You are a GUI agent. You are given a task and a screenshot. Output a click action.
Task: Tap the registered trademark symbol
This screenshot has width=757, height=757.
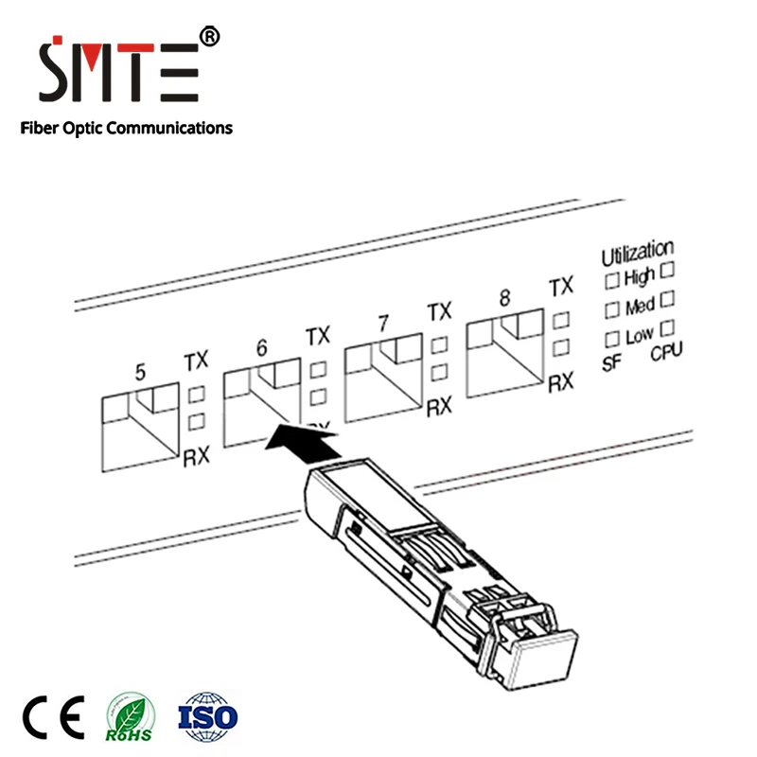(x=209, y=37)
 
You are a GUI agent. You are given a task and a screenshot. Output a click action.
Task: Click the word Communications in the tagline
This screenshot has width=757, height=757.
(x=169, y=128)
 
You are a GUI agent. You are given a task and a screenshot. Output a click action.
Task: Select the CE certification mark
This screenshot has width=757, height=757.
(x=54, y=717)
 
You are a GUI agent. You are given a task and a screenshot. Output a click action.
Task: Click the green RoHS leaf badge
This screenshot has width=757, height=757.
(x=130, y=717)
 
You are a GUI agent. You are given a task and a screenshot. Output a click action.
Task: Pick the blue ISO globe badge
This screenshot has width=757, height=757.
(x=207, y=717)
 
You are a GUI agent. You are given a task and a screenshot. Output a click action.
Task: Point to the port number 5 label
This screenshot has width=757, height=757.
(x=140, y=372)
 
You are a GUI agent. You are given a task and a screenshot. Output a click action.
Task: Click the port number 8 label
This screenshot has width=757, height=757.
(x=504, y=297)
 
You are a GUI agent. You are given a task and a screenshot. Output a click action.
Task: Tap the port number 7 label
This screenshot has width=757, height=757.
(x=383, y=323)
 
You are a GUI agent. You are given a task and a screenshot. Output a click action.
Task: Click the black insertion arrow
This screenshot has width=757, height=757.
(x=303, y=443)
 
